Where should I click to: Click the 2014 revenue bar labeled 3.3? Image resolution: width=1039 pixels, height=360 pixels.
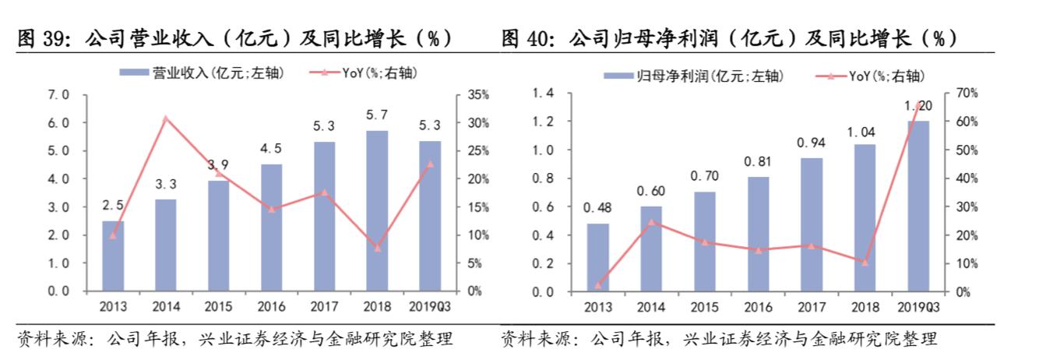coord(165,245)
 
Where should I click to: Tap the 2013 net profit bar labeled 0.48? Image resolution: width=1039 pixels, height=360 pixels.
coord(597,257)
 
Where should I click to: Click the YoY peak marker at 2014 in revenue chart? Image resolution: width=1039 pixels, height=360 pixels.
coord(165,118)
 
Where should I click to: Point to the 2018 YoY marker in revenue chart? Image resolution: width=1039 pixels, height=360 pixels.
coord(377,248)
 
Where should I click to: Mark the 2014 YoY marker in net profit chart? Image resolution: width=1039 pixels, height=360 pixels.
coord(651,222)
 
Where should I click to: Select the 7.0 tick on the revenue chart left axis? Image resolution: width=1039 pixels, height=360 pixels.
coord(58,95)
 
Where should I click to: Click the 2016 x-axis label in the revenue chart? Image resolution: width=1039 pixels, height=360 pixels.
coord(271,307)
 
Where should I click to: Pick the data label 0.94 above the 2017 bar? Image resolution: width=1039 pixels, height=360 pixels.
coord(811,143)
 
